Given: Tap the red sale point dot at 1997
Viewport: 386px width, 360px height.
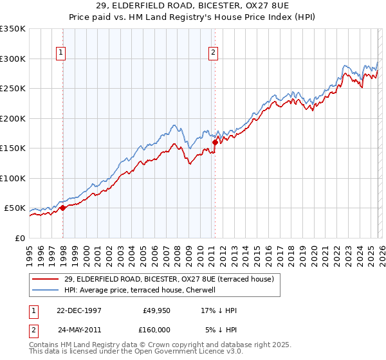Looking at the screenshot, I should coord(63,208).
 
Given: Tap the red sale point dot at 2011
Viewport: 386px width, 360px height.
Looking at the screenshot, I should coord(215,142).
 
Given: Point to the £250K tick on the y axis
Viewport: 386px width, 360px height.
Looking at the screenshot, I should coord(13,89).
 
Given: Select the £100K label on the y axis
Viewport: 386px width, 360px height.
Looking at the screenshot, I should coord(13,178).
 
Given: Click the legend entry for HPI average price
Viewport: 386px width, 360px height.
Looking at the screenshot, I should coord(140,290).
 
